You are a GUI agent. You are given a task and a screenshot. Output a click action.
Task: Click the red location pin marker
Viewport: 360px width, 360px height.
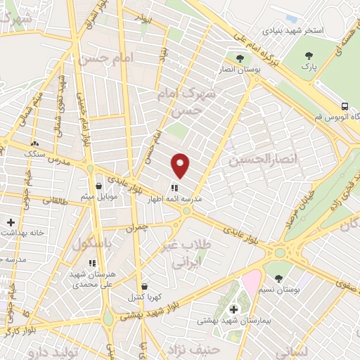(181, 165)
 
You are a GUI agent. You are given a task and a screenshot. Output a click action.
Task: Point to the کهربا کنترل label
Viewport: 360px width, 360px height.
(144, 298)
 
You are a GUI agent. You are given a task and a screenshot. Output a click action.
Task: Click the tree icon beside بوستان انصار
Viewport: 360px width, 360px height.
(240, 58)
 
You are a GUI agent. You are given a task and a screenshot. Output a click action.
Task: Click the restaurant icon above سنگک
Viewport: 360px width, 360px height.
(34, 143)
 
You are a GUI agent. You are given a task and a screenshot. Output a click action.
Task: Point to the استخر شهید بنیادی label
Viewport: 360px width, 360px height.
(292, 32)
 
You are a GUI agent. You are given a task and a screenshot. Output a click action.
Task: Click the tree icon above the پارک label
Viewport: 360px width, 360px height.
(307, 56)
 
